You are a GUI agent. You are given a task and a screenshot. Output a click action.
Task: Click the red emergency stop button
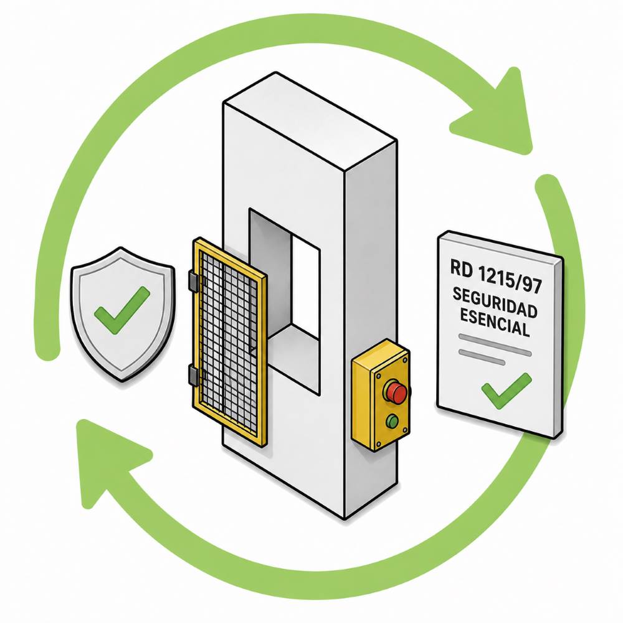(x=396, y=391)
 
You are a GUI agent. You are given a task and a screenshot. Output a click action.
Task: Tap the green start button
(x=392, y=421)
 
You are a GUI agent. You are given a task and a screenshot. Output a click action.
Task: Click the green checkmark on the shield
(x=122, y=310)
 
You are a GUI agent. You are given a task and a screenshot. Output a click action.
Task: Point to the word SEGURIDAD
(x=495, y=303)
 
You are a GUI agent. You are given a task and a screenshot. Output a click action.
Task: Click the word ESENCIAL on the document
(x=495, y=322)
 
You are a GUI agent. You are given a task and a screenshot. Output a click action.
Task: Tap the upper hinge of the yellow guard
(x=193, y=280)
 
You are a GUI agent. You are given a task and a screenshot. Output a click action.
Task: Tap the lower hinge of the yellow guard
(x=193, y=376)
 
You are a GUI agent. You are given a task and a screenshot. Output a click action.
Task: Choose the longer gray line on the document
(x=495, y=345)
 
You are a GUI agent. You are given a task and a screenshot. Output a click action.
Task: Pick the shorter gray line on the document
(x=482, y=356)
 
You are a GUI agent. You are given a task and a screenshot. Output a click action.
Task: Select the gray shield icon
(x=123, y=314)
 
